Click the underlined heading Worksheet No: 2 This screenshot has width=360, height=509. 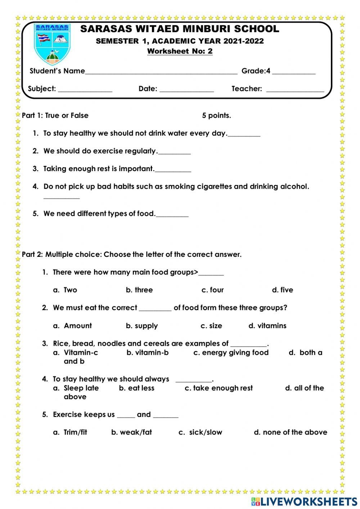180,51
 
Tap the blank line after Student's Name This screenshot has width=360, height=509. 161,72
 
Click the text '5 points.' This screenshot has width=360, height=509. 216,116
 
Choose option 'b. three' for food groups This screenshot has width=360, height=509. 139,290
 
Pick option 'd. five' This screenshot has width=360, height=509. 283,290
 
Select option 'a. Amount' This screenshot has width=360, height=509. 73,326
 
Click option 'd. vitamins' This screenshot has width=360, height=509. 267,326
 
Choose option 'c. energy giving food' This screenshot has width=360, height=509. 231,353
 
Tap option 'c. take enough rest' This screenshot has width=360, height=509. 219,388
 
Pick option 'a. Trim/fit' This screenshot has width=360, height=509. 71,432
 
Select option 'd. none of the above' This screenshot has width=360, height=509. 291,432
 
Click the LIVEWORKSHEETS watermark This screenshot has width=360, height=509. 304,501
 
